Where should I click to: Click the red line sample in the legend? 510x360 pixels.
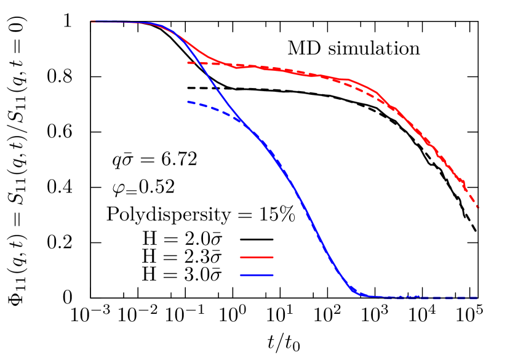(257, 257)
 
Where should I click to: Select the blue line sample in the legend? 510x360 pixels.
(257, 275)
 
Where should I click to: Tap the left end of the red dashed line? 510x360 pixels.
(188, 63)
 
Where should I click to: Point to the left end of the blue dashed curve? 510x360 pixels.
(188, 102)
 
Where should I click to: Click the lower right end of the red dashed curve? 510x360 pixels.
(478, 208)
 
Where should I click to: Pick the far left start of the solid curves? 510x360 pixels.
(92, 22)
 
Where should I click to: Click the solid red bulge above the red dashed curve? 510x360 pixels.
(363, 85)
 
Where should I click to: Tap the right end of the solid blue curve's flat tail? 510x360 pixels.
(418, 297)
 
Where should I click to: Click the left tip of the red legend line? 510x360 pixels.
(241, 257)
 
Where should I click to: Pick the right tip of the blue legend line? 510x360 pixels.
(273, 275)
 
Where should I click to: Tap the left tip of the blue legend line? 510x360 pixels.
(241, 275)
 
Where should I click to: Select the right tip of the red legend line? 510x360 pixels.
(273, 257)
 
